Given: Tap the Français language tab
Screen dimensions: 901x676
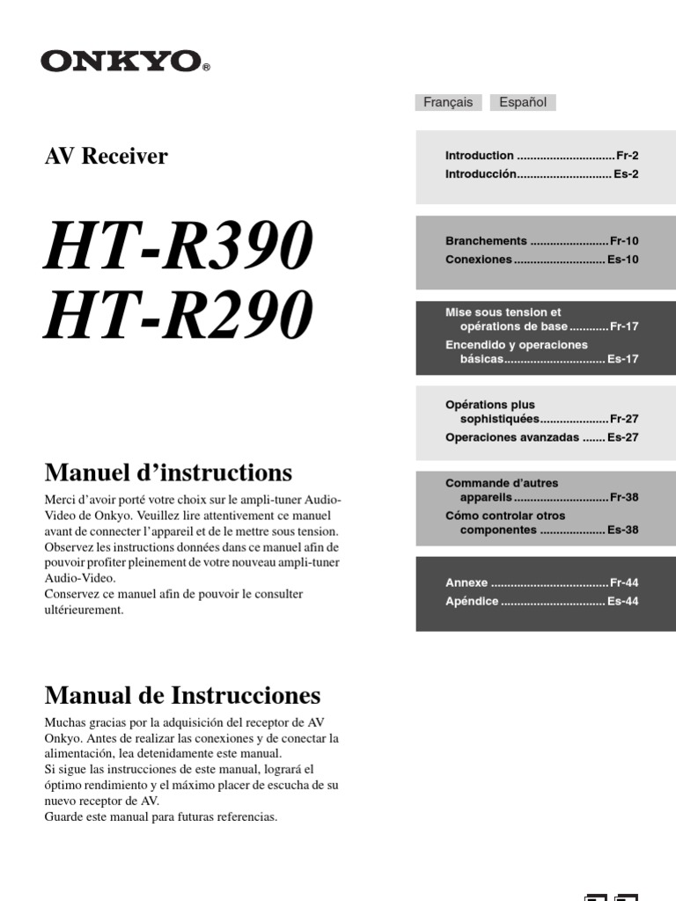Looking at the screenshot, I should click(448, 102).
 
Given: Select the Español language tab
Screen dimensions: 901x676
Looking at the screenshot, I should click(523, 102).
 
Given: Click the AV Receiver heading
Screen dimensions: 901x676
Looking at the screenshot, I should click(106, 157).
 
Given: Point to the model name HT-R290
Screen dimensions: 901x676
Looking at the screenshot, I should click(179, 314).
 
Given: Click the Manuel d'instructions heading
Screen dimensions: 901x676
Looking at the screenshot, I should click(168, 473).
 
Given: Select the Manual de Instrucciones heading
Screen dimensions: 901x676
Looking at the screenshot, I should click(182, 696).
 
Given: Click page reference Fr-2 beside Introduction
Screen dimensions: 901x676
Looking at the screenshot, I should click(627, 155).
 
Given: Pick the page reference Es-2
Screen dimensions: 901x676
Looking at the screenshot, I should click(626, 174).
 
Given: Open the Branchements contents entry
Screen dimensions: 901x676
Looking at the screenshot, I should click(486, 240).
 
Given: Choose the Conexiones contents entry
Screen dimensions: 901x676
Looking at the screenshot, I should click(478, 260).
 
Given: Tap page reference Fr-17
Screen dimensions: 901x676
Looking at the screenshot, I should click(623, 326).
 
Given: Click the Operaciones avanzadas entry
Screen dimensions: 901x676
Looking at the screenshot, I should click(512, 437).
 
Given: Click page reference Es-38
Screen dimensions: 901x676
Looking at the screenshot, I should click(622, 531).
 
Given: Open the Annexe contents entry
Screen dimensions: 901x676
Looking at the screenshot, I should click(467, 582).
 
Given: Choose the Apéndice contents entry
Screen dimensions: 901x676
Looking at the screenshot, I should click(472, 602).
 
